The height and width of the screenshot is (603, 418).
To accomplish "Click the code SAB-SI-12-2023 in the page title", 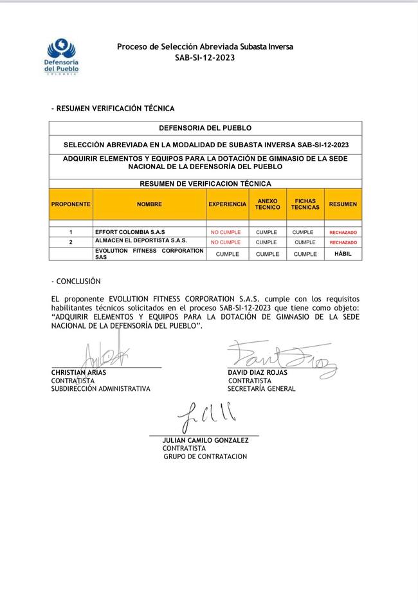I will [204, 57].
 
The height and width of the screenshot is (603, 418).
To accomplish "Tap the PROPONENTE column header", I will [71, 204].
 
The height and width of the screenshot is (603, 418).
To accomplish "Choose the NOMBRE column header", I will [149, 204].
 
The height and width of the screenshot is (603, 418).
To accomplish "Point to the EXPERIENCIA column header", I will [227, 204].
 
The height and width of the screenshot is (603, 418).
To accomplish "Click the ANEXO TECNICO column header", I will [267, 204].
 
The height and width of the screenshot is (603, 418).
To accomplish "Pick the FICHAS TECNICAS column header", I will [305, 204].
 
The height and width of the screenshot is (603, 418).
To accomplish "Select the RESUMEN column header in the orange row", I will [343, 204].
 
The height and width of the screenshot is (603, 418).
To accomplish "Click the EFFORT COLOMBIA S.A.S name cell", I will [130, 231].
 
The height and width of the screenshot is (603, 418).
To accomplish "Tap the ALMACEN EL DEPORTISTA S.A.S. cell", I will [141, 240].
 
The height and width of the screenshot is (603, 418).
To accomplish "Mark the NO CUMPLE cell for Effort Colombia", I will [226, 232].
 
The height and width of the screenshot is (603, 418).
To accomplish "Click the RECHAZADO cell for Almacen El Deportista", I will [343, 242].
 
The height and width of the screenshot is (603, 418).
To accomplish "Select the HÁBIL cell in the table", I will [343, 254].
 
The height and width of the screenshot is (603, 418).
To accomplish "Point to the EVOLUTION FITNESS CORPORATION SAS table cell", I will [149, 253].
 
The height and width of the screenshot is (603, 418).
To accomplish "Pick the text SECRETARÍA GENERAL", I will [262, 389].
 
